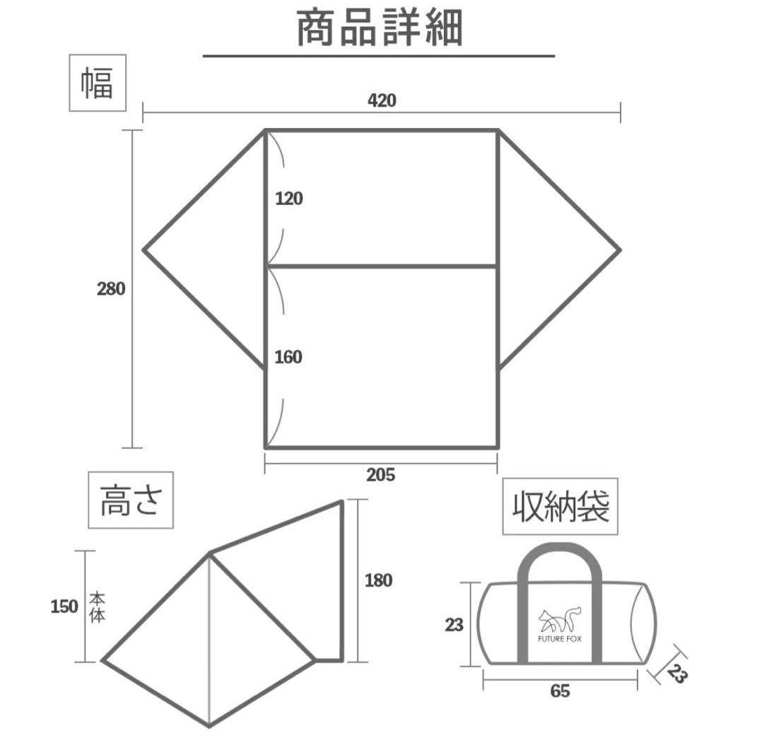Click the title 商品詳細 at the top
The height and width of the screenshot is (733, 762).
[379, 28]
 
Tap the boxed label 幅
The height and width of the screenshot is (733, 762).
[98, 83]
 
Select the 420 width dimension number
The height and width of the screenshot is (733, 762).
[382, 100]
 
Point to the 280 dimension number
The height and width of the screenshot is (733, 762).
[111, 288]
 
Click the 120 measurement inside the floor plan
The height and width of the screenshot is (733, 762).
[288, 199]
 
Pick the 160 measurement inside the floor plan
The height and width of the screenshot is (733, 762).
[288, 357]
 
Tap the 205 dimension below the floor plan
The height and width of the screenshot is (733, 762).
[381, 475]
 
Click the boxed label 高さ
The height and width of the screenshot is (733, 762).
[131, 500]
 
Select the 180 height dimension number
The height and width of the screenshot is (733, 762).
[379, 580]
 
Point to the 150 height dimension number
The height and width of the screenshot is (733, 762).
[64, 606]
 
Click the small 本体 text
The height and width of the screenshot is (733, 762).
[98, 608]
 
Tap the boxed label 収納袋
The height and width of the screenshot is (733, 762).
[561, 507]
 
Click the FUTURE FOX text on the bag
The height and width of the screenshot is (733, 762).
[559, 639]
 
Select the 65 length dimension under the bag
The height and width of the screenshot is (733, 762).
[561, 691]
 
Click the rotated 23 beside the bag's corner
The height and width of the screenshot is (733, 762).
[677, 674]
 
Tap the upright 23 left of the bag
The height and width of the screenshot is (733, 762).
[455, 625]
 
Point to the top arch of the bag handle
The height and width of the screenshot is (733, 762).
[560, 549]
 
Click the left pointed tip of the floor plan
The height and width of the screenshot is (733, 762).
[143, 250]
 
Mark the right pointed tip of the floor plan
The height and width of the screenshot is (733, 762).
[621, 250]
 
